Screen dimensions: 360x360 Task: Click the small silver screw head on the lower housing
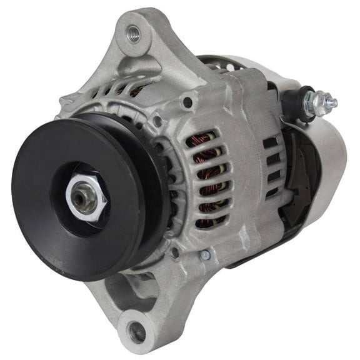click(x=206, y=254)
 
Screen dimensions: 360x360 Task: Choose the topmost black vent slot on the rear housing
click(x=271, y=142)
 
